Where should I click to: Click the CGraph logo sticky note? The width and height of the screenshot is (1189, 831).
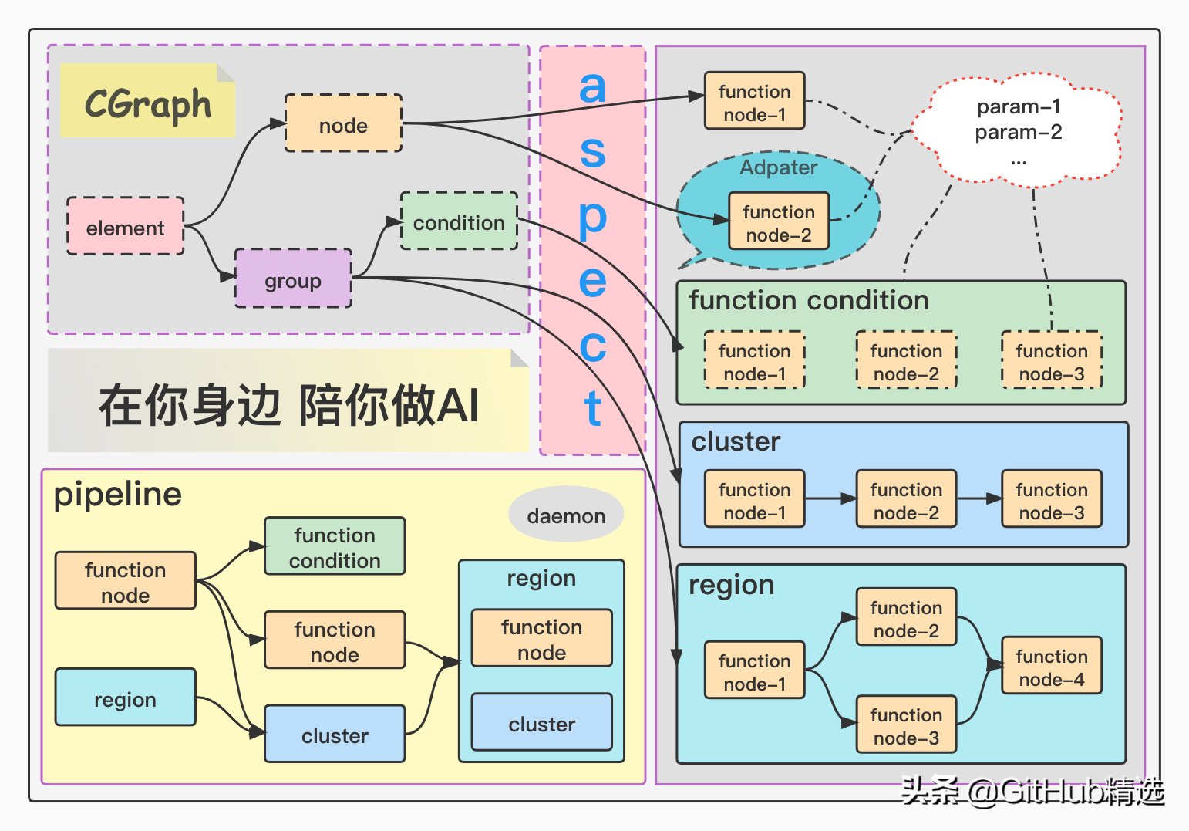[147, 102]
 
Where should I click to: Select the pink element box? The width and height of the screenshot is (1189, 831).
[125, 227]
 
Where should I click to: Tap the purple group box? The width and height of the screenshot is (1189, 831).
[293, 279]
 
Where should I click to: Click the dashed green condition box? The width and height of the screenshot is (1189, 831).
[459, 222]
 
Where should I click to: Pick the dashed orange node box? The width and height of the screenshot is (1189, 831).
[343, 124]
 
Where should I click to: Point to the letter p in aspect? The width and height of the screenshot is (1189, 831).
[592, 219]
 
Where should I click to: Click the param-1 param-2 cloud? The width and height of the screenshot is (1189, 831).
[1018, 131]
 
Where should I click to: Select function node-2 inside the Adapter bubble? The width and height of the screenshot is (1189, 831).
[779, 222]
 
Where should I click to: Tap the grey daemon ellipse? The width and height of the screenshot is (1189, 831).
[566, 515]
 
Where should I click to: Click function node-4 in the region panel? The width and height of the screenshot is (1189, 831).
[1051, 667]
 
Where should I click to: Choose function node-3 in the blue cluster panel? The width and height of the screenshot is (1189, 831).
[1051, 500]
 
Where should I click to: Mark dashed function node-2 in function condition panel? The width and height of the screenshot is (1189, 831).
[906, 361]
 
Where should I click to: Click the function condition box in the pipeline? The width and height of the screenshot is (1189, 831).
[335, 547]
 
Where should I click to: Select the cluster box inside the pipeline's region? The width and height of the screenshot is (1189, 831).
[541, 723]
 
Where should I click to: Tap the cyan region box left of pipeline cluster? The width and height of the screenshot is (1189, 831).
[125, 698]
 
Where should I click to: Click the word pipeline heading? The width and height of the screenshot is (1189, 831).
[118, 494]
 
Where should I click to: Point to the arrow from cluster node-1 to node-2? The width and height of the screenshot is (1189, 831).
[830, 499]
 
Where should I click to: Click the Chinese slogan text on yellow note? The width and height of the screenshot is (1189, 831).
[288, 404]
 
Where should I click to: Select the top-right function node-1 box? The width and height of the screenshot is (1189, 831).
[754, 102]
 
